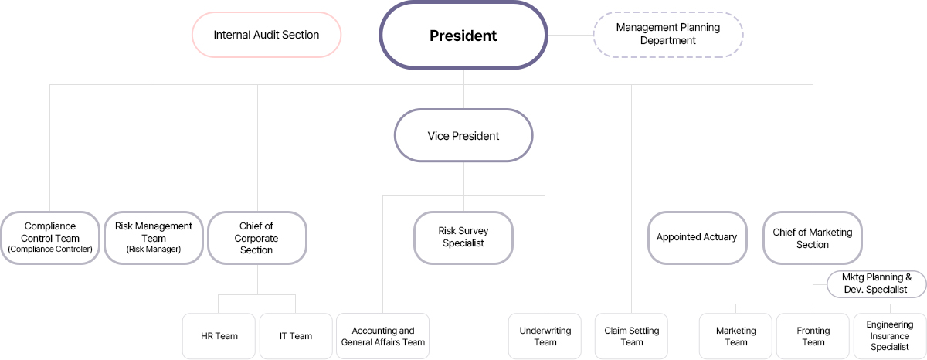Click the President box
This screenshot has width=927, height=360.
pos(463,36)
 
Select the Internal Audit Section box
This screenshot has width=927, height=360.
pos(266,35)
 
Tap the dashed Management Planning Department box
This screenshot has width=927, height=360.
pos(667,34)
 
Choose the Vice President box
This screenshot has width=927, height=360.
pos(463,136)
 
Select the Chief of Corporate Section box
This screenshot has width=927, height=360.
pos(256,238)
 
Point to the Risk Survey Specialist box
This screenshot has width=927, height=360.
pos(463,237)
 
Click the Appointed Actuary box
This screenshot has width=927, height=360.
pos(697,237)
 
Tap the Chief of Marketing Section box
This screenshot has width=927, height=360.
pos(812,238)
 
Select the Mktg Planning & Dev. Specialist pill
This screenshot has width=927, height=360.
pos(877,284)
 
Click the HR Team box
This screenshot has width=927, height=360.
pos(219,336)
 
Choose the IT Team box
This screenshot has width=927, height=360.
pos(296,336)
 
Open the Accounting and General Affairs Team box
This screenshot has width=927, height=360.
pos(383,336)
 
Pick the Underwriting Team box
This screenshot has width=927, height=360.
pos(545,336)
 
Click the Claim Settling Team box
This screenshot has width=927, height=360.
pos(631,336)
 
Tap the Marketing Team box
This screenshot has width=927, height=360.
pos(735,336)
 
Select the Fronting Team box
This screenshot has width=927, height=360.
pos(813,336)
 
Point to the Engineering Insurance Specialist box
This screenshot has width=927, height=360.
pos(889,336)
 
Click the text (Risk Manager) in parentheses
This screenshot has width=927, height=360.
pos(154,250)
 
